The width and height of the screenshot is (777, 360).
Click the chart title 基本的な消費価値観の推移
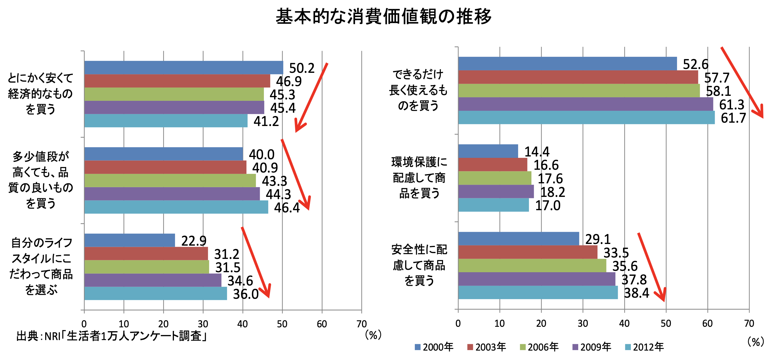(x=384, y=16)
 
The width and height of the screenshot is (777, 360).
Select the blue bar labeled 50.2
(x=183, y=67)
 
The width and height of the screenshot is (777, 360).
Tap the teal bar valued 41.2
(x=166, y=120)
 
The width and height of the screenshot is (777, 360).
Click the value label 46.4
(x=287, y=208)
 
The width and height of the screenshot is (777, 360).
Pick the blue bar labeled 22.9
(x=129, y=240)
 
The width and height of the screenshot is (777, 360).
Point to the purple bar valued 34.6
(x=153, y=280)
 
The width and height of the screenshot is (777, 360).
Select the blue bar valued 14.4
(x=488, y=151)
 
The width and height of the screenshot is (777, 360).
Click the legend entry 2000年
(x=434, y=347)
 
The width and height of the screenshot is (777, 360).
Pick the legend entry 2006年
(x=539, y=347)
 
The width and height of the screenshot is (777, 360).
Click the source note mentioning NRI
(x=112, y=336)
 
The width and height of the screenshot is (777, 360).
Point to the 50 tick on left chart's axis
(x=282, y=324)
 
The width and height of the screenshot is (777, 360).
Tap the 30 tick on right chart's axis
(x=582, y=323)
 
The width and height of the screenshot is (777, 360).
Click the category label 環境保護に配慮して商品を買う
(x=419, y=178)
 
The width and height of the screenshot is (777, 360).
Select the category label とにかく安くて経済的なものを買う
(x=40, y=94)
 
